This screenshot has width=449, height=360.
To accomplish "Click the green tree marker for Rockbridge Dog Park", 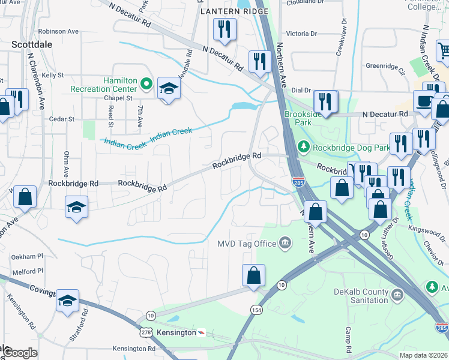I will pyautogui.click(x=304, y=146).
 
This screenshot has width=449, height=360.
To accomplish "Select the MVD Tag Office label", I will pyautogui.click(x=246, y=243).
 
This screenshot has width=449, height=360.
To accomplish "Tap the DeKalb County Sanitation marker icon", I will pyautogui.click(x=397, y=295).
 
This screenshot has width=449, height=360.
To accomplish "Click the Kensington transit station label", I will pyautogui.click(x=176, y=332).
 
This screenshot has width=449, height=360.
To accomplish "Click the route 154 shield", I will pyautogui.click(x=256, y=308).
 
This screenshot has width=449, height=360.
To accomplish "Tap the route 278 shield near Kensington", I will pyautogui.click(x=146, y=331).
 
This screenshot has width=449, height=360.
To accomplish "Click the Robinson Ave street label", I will pyautogui.click(x=58, y=31).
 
